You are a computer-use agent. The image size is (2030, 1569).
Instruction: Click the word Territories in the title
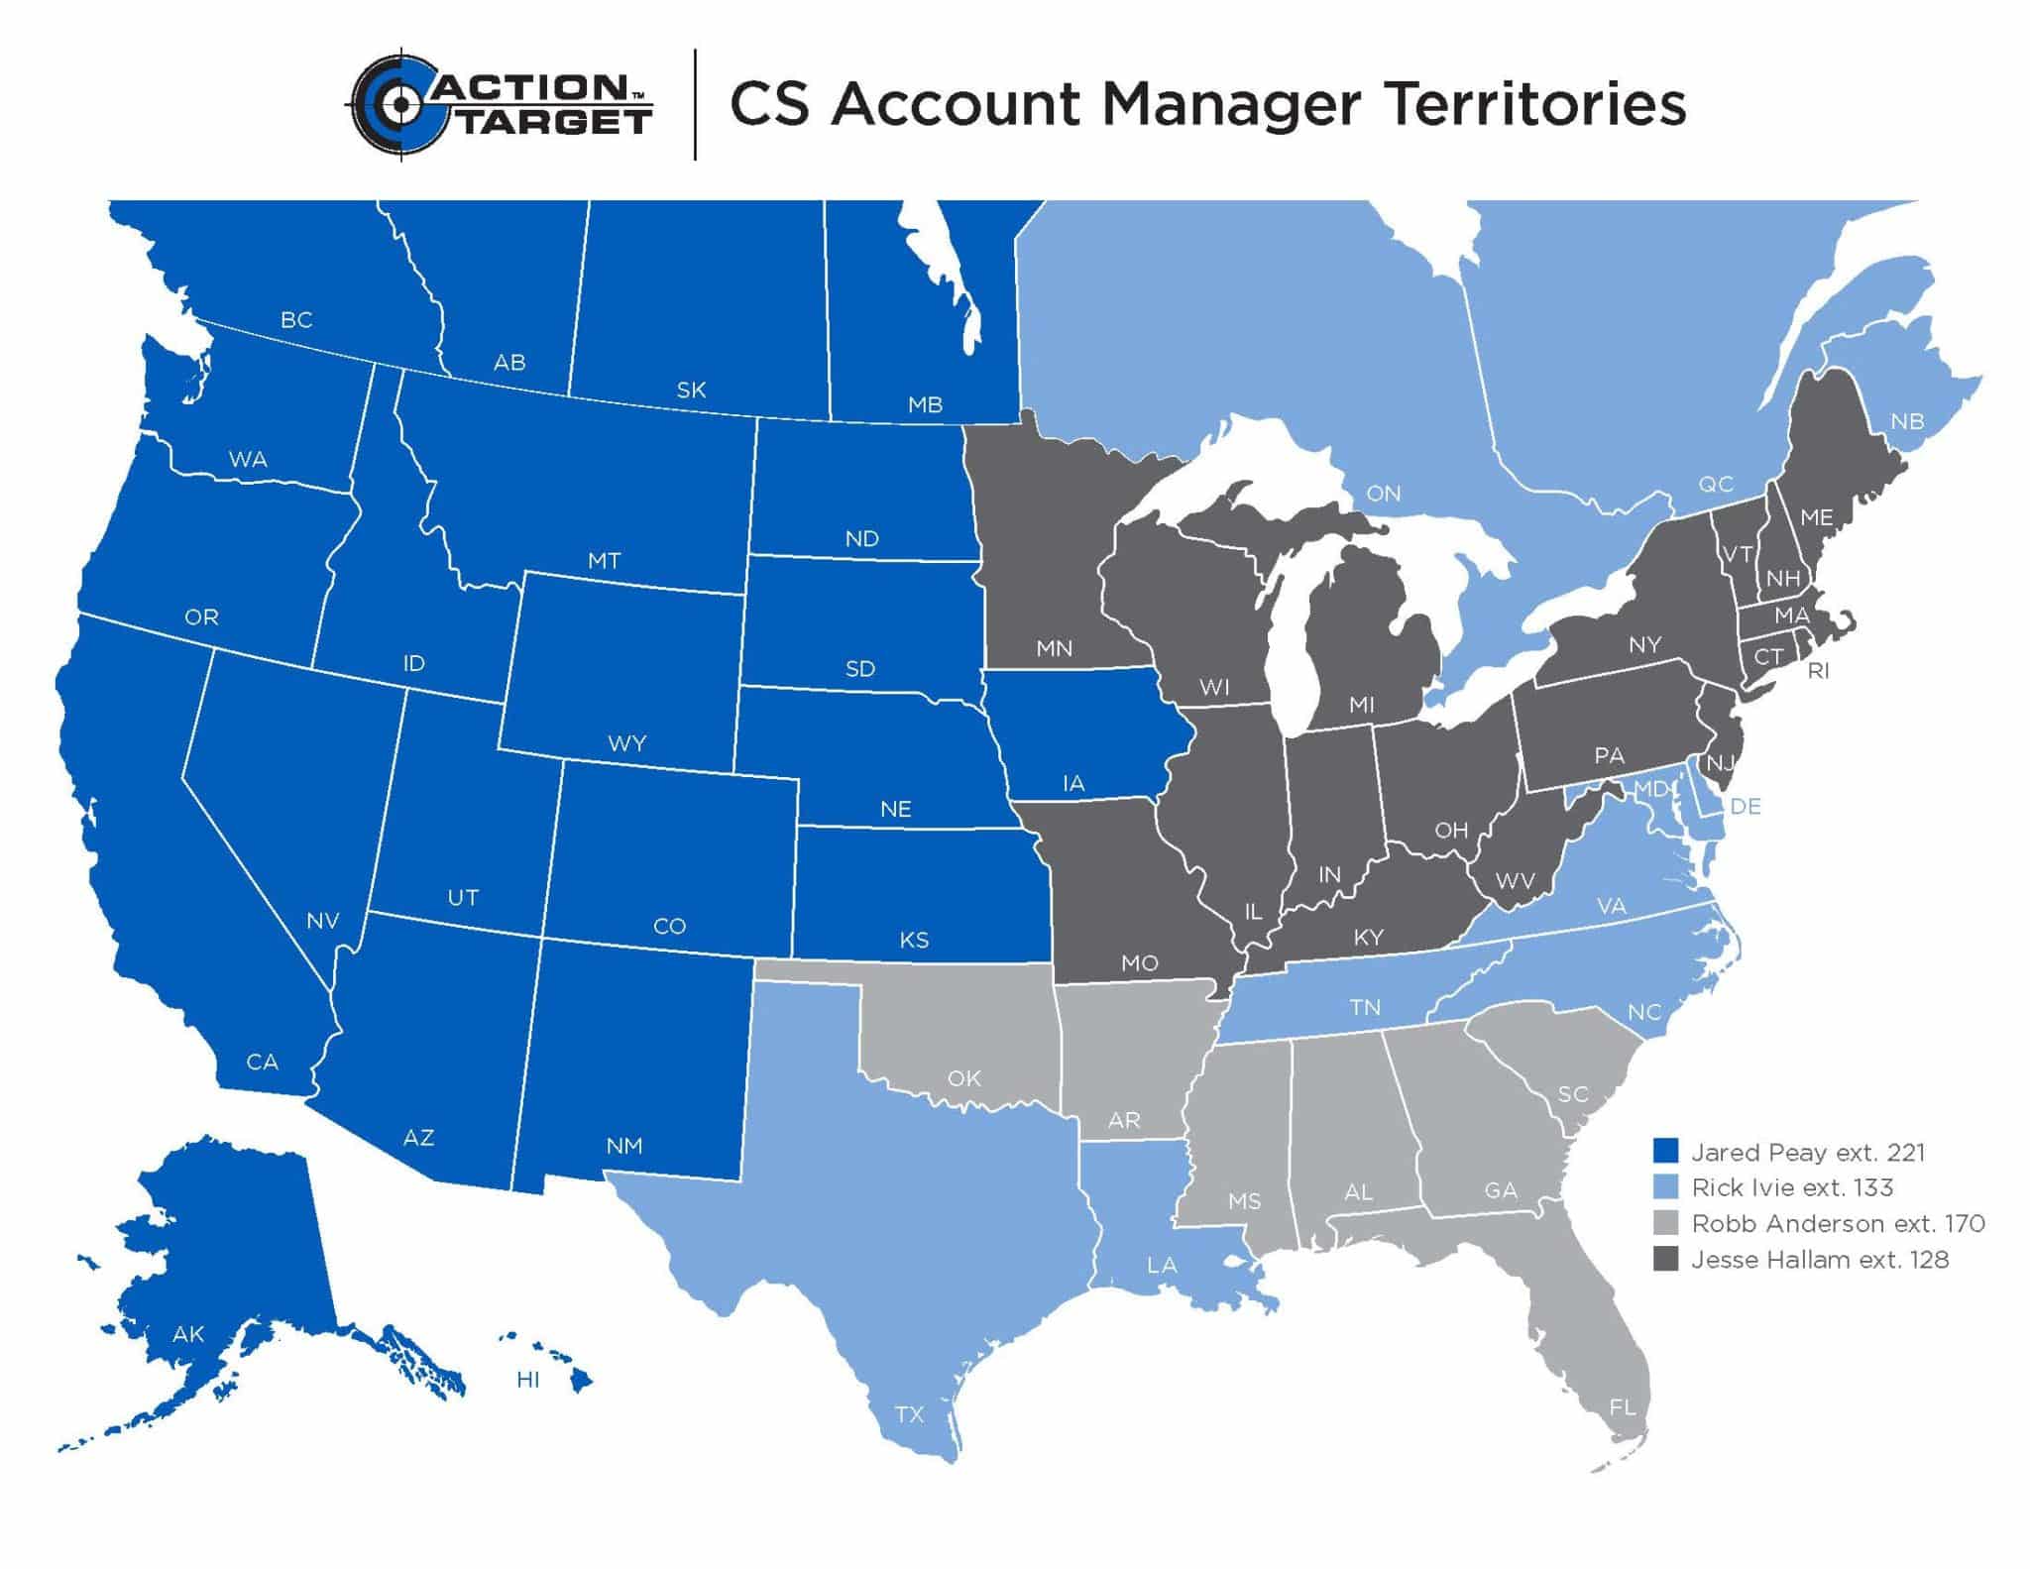[x=1533, y=105]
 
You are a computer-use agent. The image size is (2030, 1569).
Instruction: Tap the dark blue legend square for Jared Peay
[x=1665, y=1151]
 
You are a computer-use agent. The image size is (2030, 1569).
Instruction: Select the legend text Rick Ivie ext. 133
[x=1792, y=1187]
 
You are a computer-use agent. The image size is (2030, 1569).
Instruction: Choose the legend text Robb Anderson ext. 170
[x=1838, y=1224]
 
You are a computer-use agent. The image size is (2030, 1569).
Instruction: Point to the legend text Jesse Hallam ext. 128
[x=1820, y=1260]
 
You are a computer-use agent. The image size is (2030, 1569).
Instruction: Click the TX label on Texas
[x=909, y=1414]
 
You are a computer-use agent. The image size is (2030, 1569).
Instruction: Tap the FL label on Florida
[x=1623, y=1406]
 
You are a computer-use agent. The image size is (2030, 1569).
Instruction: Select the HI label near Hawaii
[x=528, y=1380]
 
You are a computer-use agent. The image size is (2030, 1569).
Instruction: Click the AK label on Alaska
[x=188, y=1334]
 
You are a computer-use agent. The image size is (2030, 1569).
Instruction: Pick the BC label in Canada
[x=296, y=320]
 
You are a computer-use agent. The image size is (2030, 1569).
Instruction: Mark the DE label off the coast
[x=1746, y=807]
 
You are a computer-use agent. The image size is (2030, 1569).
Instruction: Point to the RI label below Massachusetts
[x=1818, y=671]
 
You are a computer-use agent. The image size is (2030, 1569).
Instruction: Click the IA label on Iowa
[x=1073, y=784]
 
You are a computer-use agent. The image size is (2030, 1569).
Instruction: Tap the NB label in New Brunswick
[x=1907, y=421]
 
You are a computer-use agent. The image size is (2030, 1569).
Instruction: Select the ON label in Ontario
[x=1384, y=494]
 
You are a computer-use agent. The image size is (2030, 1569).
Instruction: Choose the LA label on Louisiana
[x=1162, y=1266]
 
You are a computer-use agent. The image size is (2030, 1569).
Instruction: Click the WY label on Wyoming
[x=627, y=743]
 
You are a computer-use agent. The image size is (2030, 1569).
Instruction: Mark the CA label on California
[x=262, y=1063]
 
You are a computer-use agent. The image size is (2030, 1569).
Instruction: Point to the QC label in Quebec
[x=1716, y=484]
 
